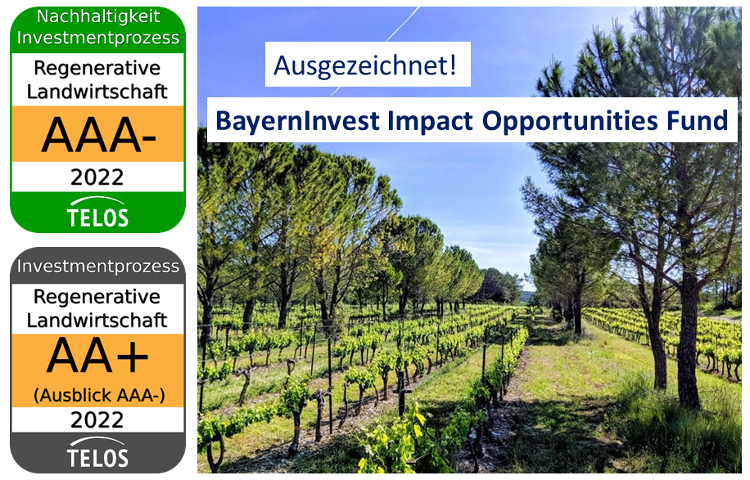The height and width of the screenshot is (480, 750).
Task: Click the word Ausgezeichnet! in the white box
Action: point(365,65)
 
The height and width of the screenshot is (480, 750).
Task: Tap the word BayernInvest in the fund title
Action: point(297,121)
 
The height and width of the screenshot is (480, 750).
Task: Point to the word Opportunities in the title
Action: point(570,122)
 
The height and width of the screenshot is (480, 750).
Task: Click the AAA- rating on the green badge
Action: point(98,135)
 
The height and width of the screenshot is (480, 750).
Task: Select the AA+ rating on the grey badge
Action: point(97,357)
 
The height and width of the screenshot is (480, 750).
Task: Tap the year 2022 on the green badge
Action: point(97,177)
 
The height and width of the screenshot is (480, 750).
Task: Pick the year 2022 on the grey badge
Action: point(97,419)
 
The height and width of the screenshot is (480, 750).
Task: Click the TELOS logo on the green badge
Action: point(97,213)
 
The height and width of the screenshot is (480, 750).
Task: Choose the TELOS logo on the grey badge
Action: point(97,453)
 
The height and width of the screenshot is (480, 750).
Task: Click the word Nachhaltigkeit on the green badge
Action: point(98,17)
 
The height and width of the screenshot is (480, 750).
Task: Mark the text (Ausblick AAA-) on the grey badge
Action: point(99,395)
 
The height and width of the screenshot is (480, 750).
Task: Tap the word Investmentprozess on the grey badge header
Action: point(98,266)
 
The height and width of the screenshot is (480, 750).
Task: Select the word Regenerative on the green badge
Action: point(97,69)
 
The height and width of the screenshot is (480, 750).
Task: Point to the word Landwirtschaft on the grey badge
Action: point(97,320)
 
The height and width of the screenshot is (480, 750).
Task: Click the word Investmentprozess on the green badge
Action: point(98,38)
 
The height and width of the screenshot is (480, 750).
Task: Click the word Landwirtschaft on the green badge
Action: point(97,92)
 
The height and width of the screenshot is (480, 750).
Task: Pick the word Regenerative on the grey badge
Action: point(97,298)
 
